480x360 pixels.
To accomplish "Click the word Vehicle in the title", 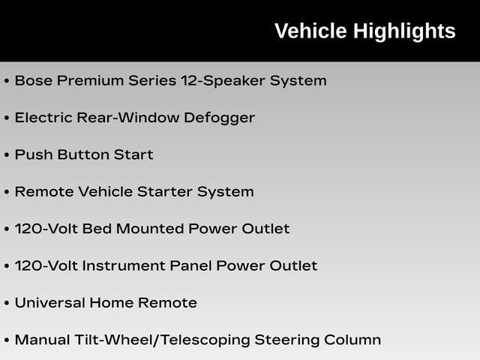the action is pyautogui.click(x=310, y=31).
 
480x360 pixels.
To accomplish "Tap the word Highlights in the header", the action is pyautogui.click(x=404, y=31).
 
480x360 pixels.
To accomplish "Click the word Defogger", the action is pyautogui.click(x=219, y=118).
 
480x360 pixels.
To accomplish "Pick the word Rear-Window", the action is pyautogui.click(x=128, y=118).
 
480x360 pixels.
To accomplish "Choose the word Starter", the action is pyautogui.click(x=165, y=192).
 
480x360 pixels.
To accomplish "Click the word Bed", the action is pyautogui.click(x=97, y=229).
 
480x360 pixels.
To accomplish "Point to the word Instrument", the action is pyautogui.click(x=124, y=265).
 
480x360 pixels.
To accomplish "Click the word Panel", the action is pyautogui.click(x=190, y=265).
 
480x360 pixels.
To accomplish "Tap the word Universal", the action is pyautogui.click(x=50, y=303).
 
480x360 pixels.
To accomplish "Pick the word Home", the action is pyautogui.click(x=112, y=303).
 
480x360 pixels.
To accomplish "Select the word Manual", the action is pyautogui.click(x=42, y=340).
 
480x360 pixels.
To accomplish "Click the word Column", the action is pyautogui.click(x=352, y=340).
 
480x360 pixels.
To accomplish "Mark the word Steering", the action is pyautogui.click(x=286, y=340).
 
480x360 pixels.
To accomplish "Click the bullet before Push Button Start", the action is pyautogui.click(x=7, y=155).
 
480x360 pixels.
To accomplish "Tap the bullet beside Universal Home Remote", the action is pyautogui.click(x=7, y=303).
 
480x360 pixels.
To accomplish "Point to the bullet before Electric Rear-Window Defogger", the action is pyautogui.click(x=7, y=118).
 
